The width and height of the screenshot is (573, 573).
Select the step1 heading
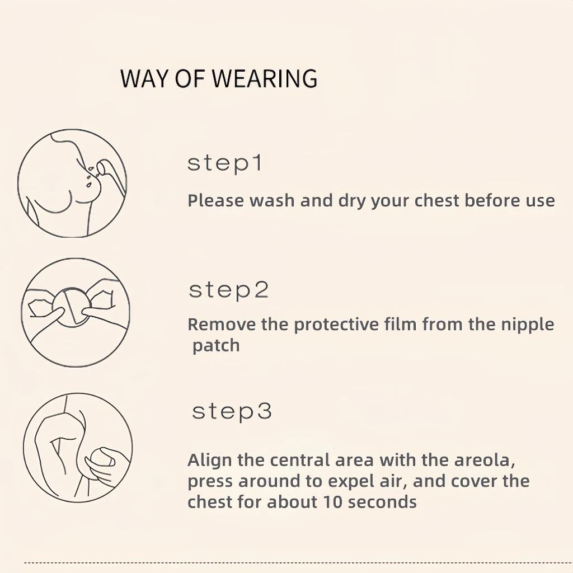[x=225, y=163]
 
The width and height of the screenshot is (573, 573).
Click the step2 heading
[x=229, y=290]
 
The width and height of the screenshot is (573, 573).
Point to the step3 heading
[x=232, y=411]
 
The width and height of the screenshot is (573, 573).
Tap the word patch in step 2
[x=216, y=346]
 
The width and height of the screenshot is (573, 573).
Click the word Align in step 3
[x=210, y=461]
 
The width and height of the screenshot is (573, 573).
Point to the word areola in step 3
[x=485, y=461]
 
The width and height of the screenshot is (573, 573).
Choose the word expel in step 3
[x=350, y=482]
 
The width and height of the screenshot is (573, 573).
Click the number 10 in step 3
[x=332, y=502]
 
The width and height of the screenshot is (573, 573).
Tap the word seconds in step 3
[x=382, y=502]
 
